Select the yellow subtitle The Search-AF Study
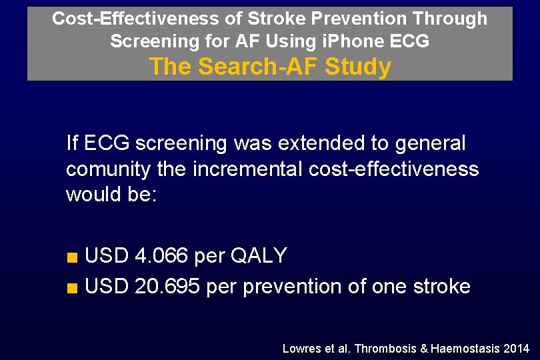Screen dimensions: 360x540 coord(270,67)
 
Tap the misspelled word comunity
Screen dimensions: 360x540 coord(108,169)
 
